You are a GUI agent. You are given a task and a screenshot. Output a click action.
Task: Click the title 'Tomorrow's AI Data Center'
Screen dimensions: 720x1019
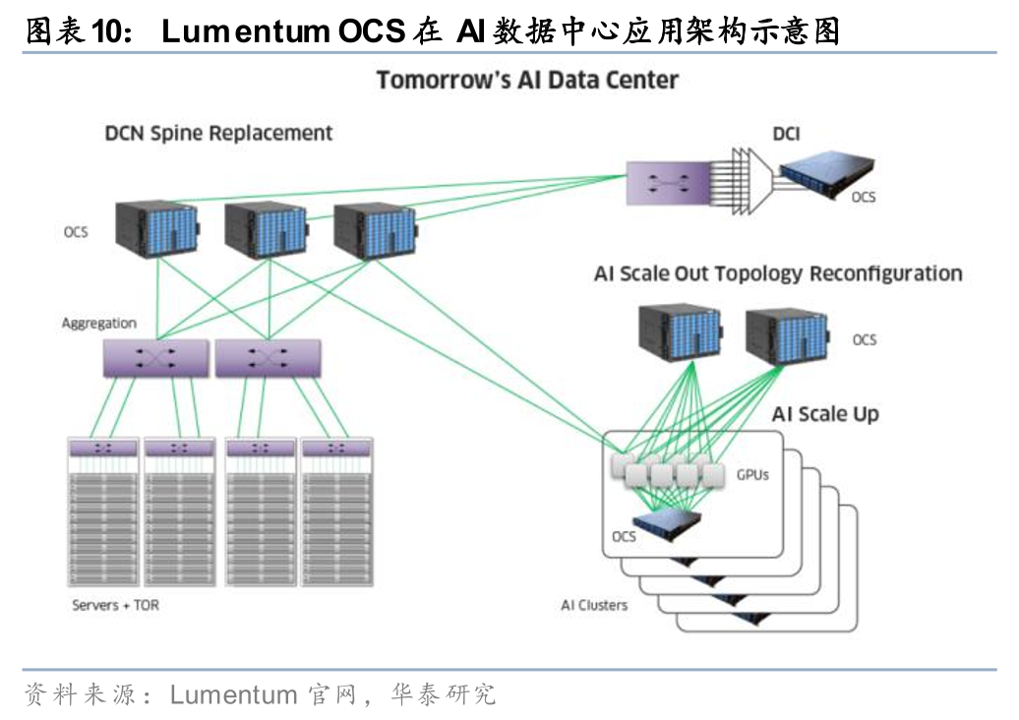point(527,80)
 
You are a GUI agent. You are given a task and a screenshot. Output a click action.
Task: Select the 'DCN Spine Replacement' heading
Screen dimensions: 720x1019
point(218,133)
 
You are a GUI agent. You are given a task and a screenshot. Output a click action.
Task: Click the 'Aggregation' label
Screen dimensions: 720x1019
point(99,323)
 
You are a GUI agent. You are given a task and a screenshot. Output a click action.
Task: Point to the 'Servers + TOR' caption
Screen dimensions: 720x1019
point(115,605)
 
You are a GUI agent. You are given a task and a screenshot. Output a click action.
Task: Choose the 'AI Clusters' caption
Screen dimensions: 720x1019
point(594,605)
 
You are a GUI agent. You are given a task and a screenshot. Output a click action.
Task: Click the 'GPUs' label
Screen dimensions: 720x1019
point(752,475)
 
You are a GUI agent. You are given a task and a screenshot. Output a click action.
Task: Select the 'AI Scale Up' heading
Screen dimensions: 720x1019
point(825,414)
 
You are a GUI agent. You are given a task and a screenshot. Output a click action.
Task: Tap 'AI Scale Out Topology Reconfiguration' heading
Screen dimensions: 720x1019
point(778,273)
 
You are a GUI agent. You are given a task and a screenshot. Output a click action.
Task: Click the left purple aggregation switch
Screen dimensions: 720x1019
point(155,359)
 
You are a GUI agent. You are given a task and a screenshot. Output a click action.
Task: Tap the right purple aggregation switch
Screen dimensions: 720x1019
point(267,359)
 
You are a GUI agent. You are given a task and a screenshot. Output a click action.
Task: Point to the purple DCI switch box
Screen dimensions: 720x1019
point(668,184)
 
